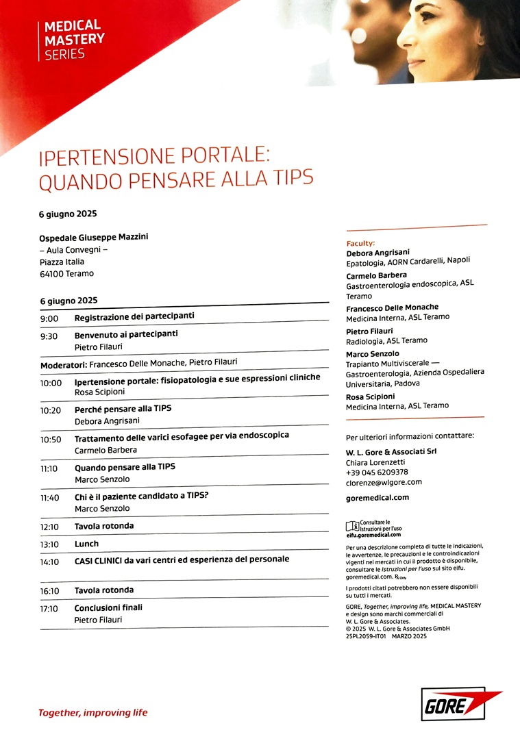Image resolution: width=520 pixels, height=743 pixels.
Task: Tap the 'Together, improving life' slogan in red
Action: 92,713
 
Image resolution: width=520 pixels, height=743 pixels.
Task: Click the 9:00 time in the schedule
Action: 49,318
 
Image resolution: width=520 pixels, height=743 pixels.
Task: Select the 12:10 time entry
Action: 50,526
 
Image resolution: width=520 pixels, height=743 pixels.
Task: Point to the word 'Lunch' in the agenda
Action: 86,544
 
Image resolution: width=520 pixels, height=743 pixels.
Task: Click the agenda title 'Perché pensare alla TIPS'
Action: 123,408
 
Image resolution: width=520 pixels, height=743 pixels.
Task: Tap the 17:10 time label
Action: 50,607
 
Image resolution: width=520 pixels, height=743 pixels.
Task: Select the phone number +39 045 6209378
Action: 377,472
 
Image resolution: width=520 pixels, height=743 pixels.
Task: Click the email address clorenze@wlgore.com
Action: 384,481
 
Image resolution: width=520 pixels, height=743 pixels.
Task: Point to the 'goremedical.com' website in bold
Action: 377,498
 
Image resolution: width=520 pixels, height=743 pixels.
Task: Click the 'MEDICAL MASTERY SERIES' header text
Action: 74,40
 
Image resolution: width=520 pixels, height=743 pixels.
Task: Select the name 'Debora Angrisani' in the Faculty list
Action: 378,252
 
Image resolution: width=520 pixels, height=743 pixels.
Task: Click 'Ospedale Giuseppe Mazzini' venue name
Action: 94,237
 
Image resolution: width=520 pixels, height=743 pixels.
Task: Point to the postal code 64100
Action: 52,274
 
